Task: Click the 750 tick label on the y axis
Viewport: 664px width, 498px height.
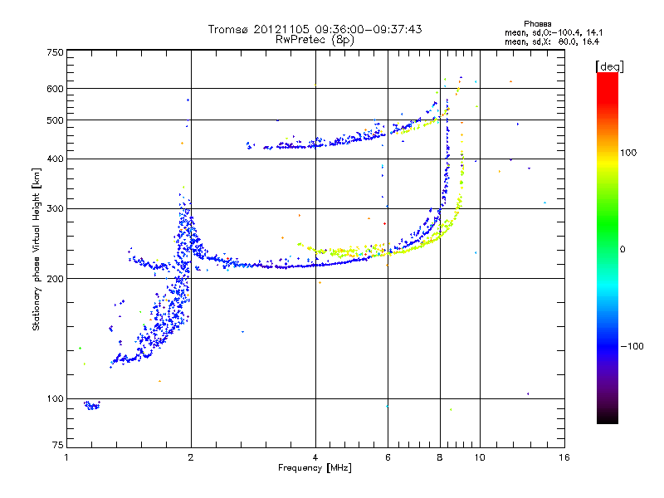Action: click(55, 52)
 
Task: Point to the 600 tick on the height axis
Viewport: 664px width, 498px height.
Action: click(55, 88)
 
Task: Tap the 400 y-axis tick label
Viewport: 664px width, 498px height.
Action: click(55, 159)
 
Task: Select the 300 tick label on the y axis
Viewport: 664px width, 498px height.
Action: click(55, 207)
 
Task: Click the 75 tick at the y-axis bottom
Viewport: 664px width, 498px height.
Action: click(57, 445)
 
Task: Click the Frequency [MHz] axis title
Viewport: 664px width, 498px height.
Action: click(315, 468)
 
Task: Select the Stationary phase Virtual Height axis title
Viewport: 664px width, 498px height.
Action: click(37, 249)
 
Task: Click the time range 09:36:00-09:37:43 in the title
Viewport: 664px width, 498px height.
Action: click(365, 29)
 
